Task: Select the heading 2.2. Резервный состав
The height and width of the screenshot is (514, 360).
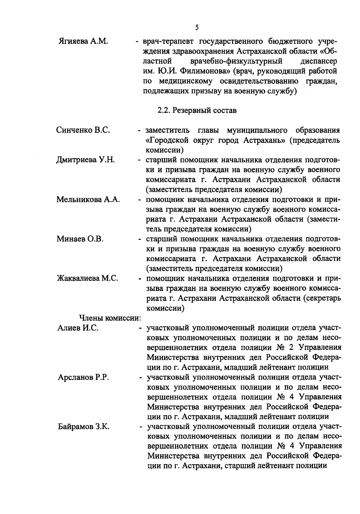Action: tap(197, 110)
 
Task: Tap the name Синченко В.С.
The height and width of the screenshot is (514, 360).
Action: tap(83, 130)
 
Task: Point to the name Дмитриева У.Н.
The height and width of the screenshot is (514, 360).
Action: tap(85, 160)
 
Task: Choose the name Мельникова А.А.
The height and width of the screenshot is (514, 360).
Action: tap(88, 200)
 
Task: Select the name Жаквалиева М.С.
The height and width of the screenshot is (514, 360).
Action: tap(87, 278)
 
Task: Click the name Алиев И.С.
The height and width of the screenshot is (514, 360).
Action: tap(78, 328)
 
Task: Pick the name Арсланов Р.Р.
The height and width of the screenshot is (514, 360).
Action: tap(83, 377)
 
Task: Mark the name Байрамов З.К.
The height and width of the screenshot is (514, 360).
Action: tap(84, 427)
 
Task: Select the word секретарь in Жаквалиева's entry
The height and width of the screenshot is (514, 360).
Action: tap(322, 298)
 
